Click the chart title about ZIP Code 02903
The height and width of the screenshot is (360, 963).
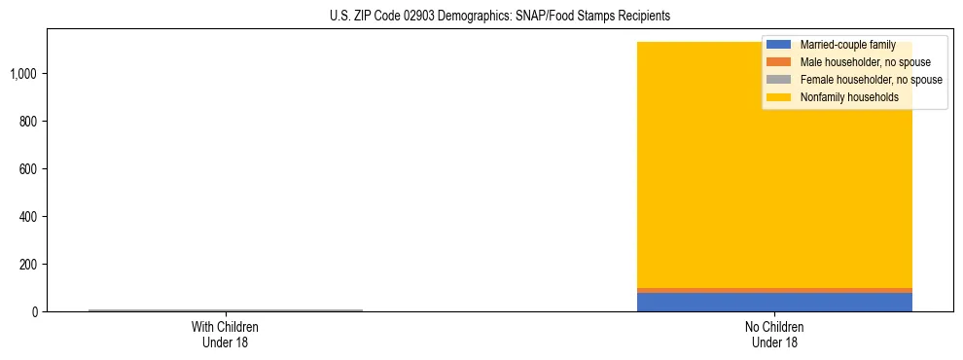coord(500,17)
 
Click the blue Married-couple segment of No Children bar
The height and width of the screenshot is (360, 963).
coord(773,302)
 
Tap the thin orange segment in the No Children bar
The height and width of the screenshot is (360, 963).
coord(773,290)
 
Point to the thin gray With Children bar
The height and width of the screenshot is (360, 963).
coord(225,310)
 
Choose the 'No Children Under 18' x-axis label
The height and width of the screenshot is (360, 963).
coord(774,334)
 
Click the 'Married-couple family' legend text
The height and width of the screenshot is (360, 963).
coord(847,45)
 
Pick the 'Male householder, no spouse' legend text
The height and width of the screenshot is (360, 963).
coord(865,62)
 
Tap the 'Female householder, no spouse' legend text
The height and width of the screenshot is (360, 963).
coord(871,80)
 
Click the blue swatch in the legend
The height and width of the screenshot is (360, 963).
coord(778,45)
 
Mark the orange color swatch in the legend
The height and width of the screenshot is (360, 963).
coord(778,62)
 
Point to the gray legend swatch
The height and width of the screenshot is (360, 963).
coord(778,80)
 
